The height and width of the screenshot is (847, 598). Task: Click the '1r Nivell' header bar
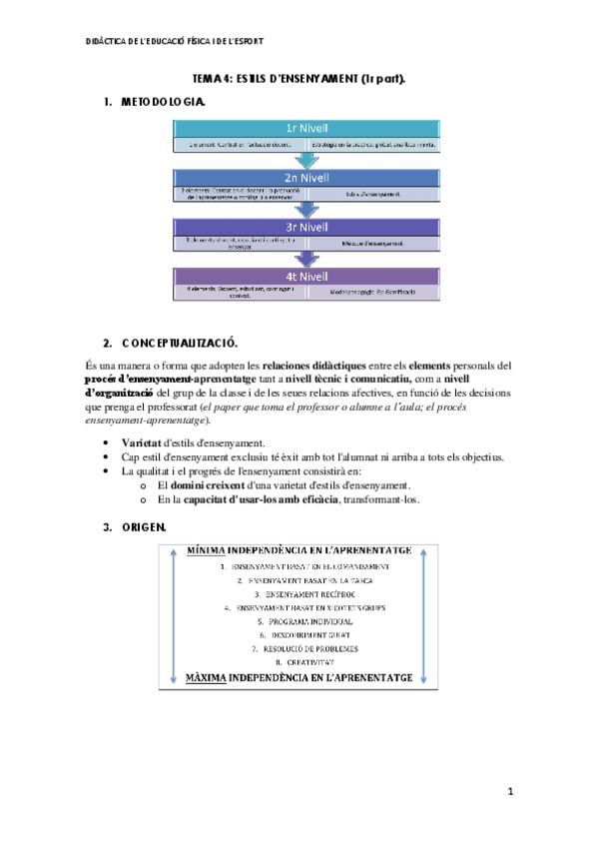306,128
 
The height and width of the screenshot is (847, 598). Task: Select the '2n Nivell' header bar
306,177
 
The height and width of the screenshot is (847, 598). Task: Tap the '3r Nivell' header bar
306,227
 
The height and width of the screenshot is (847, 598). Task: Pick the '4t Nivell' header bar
306,277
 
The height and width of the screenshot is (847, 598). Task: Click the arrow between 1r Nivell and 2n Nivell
306,158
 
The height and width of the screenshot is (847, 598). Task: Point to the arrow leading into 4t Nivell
306,258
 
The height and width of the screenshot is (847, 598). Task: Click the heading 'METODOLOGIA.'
164,102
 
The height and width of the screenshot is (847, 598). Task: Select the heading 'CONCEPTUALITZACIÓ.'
185,342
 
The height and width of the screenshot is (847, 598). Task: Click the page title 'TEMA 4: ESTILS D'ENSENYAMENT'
299,78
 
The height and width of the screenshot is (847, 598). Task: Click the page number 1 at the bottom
509,792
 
